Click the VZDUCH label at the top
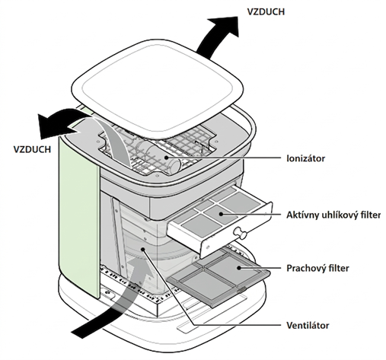click(x=266, y=11)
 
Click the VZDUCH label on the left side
click(x=32, y=149)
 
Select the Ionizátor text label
click(x=306, y=158)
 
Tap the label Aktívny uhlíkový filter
click(x=333, y=215)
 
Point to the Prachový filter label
click(x=317, y=268)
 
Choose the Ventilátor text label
click(x=308, y=325)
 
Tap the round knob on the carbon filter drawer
click(x=240, y=233)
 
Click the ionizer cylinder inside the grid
click(x=161, y=157)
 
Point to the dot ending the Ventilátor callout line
click(x=143, y=250)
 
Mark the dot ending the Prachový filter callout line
click(x=239, y=268)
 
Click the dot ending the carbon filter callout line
click(x=221, y=214)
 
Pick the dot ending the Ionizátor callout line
click(x=166, y=158)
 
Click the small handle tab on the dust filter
click(x=241, y=289)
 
